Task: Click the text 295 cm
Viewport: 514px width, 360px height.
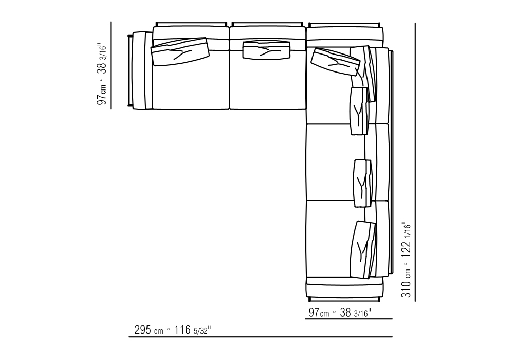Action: click(149, 330)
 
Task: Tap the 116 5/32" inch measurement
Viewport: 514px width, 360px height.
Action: click(192, 330)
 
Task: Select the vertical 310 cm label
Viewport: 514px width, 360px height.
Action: click(406, 283)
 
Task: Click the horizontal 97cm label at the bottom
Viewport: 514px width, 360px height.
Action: click(319, 313)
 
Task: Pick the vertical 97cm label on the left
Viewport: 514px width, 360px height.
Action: click(102, 95)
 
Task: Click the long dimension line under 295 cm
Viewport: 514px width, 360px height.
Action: click(260, 337)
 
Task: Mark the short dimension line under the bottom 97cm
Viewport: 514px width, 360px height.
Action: click(348, 319)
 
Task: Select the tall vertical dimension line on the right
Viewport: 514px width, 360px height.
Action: click(415, 162)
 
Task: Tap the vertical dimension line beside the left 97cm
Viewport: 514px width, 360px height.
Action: click(111, 65)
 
